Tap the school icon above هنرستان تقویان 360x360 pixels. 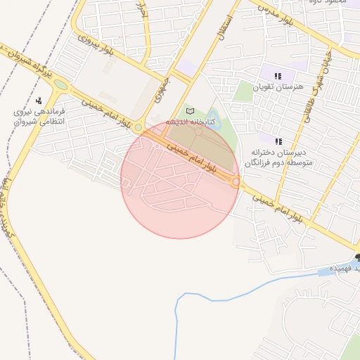click(278, 75)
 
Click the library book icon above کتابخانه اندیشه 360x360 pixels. click(188, 111)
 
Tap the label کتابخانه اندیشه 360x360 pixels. click(190, 122)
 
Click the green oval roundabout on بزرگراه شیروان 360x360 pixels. click(61, 85)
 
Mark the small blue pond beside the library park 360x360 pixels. click(214, 124)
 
